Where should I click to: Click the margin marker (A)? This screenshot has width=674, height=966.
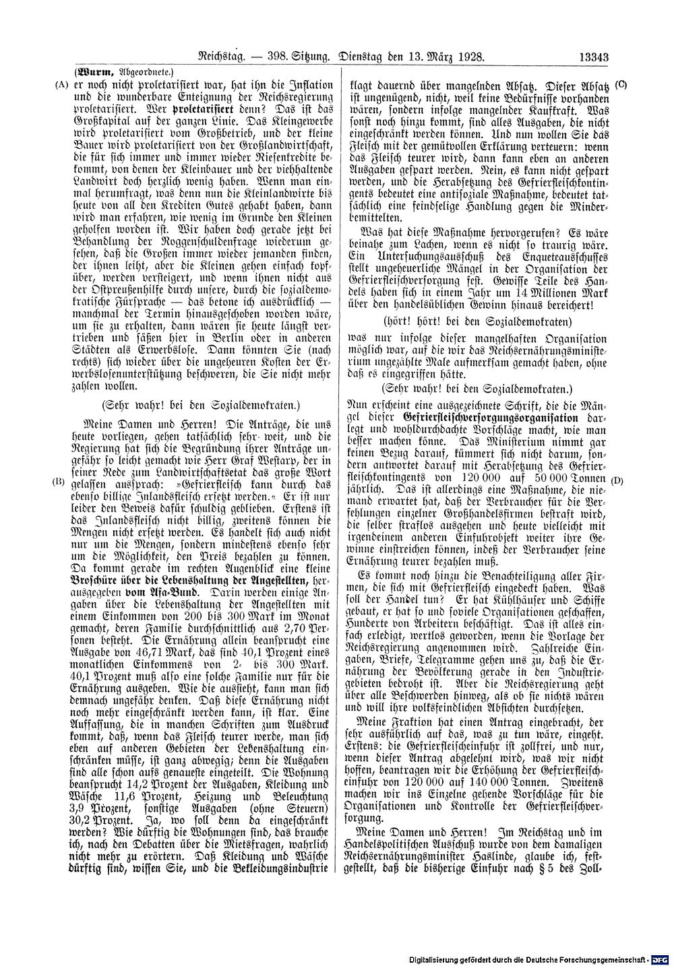[61, 86]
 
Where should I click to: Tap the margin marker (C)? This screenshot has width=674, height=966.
[621, 86]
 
